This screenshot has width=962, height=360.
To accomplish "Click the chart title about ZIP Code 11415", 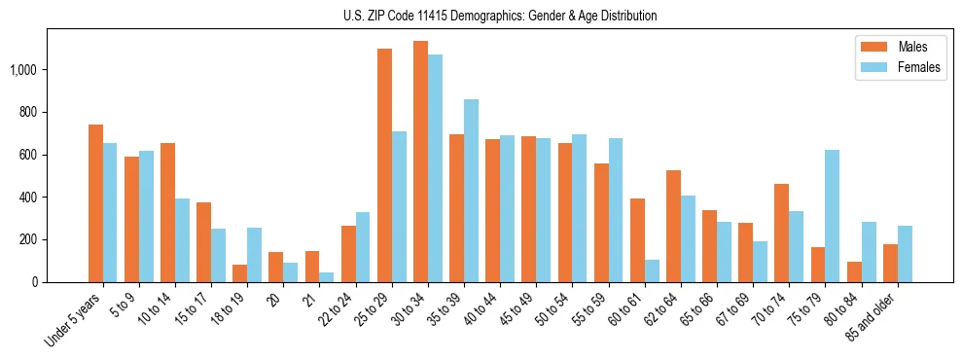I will coord(500,16).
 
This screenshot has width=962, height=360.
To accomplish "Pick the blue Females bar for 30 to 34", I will coord(435,168).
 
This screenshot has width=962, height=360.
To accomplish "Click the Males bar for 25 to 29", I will coord(384,165).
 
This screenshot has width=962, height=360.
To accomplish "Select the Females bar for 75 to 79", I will coord(832,216).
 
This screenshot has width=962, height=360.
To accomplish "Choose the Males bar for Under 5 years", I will coord(95,203).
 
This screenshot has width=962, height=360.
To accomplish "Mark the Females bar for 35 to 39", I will coord(471,191).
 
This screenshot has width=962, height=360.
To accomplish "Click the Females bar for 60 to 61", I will coord(652,270).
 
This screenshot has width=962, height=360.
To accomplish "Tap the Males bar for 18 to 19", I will coord(240,273).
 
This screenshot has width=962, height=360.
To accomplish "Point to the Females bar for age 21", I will coord(327,277).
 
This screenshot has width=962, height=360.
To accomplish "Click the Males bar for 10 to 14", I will coord(167,212).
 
